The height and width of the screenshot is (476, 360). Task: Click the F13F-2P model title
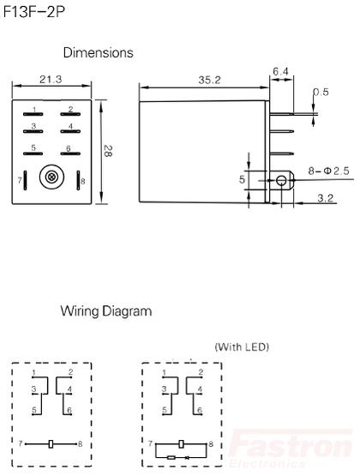pyautogui.click(x=33, y=12)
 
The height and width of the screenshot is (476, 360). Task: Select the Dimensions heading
pyautogui.click(x=98, y=52)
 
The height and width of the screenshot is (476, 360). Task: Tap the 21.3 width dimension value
pyautogui.click(x=51, y=79)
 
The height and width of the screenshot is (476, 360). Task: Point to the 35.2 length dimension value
pyautogui.click(x=209, y=80)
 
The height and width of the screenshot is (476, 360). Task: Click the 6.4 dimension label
pyautogui.click(x=280, y=72)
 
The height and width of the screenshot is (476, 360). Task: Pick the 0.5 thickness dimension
pyautogui.click(x=321, y=92)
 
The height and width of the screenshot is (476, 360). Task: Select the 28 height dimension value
pyautogui.click(x=107, y=151)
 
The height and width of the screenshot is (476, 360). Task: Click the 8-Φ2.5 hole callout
pyautogui.click(x=329, y=171)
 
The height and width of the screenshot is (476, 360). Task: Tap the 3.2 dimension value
pyautogui.click(x=326, y=198)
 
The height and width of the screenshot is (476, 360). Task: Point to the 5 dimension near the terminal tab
pyautogui.click(x=242, y=179)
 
